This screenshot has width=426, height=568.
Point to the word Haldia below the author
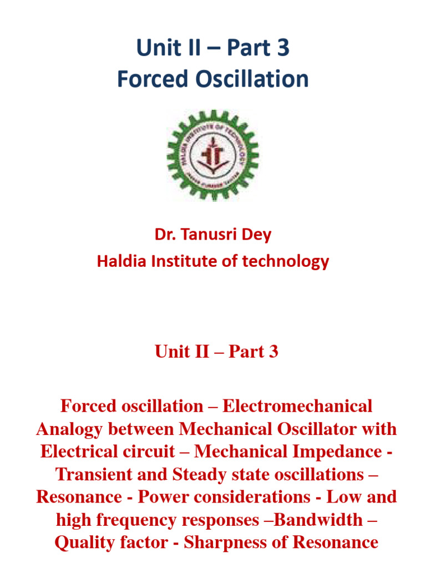(119, 261)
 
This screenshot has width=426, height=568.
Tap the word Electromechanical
(297, 406)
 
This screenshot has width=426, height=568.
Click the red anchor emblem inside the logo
(212, 154)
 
